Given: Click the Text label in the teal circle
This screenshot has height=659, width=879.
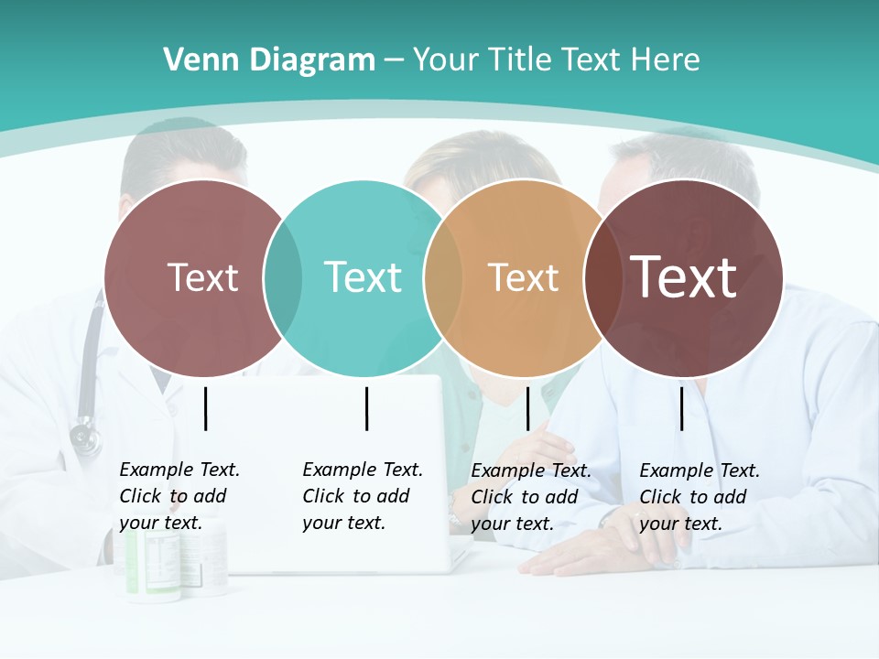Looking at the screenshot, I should [x=364, y=277].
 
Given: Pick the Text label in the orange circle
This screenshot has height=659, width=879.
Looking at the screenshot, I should [x=523, y=277].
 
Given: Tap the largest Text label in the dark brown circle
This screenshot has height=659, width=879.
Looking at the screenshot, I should [x=684, y=276].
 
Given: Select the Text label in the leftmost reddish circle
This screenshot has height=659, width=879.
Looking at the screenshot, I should [x=202, y=277].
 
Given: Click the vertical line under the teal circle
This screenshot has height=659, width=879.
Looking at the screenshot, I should [x=366, y=408].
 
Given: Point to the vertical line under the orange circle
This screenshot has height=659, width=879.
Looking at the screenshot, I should [x=528, y=408].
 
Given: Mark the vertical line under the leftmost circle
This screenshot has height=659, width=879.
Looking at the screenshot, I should [x=205, y=408].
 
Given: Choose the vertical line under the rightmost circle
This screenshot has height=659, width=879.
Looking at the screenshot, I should [x=682, y=408].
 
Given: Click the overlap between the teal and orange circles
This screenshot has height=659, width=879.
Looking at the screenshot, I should [x=443, y=277].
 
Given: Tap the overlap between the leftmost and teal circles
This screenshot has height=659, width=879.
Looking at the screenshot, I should [x=283, y=277].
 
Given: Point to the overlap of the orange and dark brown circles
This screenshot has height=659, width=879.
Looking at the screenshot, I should [x=602, y=277].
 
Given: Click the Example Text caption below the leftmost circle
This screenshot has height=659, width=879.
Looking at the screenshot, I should [x=179, y=496].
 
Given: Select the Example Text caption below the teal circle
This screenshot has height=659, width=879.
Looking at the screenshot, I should [x=362, y=496].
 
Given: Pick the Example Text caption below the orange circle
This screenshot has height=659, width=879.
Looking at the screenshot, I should [x=530, y=497].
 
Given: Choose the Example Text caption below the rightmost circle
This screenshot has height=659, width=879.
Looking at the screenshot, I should [x=699, y=497].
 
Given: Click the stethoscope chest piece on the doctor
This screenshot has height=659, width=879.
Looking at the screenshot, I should [x=85, y=437].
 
